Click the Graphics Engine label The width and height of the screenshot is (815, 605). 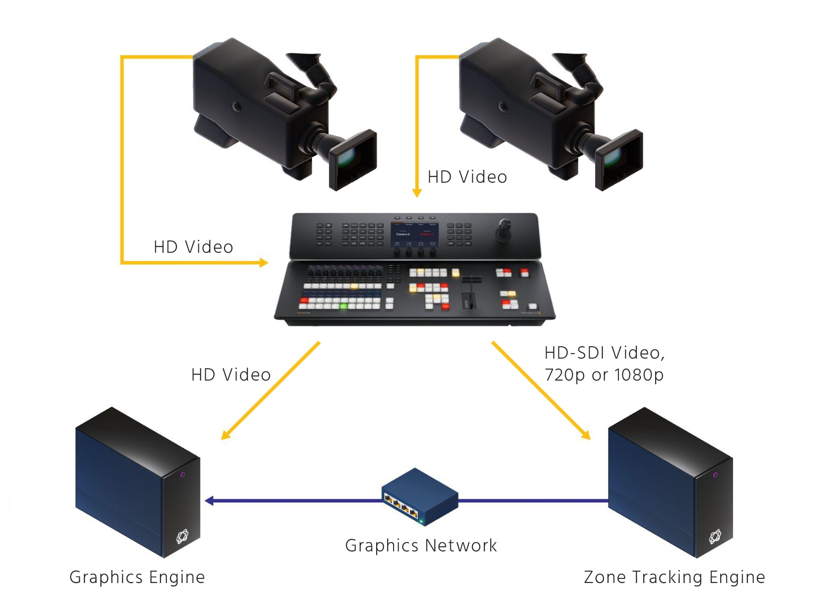tap(137, 577)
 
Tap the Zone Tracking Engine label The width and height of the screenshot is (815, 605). tap(674, 577)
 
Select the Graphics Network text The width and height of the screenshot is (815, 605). tap(421, 545)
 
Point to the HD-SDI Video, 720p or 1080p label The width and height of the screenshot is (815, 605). tap(604, 364)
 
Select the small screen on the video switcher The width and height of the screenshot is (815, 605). tap(415, 234)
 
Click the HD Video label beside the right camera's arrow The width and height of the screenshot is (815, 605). tap(467, 177)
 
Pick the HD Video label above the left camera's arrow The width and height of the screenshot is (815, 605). tap(193, 247)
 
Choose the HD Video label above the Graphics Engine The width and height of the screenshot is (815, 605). tap(231, 375)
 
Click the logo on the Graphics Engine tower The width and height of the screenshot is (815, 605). tap(182, 536)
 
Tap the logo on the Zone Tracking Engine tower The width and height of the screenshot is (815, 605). tap(715, 536)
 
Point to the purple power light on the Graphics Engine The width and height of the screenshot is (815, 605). tap(182, 474)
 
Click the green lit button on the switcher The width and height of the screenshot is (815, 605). tap(343, 305)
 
